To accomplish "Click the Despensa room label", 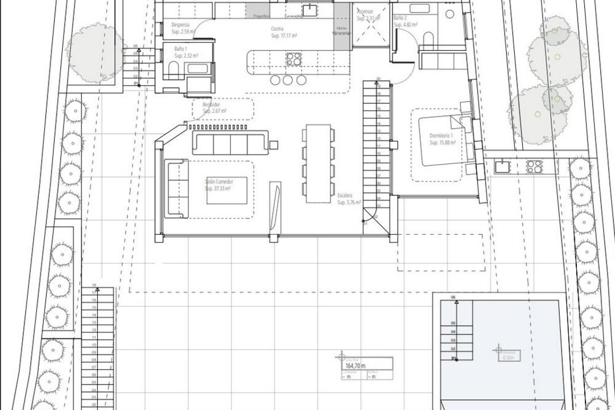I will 180,25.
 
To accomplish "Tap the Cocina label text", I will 277,29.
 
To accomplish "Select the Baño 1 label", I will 180,49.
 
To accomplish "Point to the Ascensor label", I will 365,12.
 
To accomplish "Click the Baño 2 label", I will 400,18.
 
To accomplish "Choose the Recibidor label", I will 211,105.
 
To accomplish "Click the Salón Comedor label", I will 219,182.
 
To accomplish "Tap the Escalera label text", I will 345,195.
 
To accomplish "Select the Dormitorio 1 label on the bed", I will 441,136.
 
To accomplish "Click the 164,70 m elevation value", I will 356,366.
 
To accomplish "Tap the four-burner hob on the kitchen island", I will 293,59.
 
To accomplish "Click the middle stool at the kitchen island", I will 288,80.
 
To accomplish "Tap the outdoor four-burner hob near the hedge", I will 534,167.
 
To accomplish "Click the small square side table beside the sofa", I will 274,145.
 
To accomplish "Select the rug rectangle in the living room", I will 227,190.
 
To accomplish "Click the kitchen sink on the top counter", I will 309,10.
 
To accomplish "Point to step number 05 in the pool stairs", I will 453,323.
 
